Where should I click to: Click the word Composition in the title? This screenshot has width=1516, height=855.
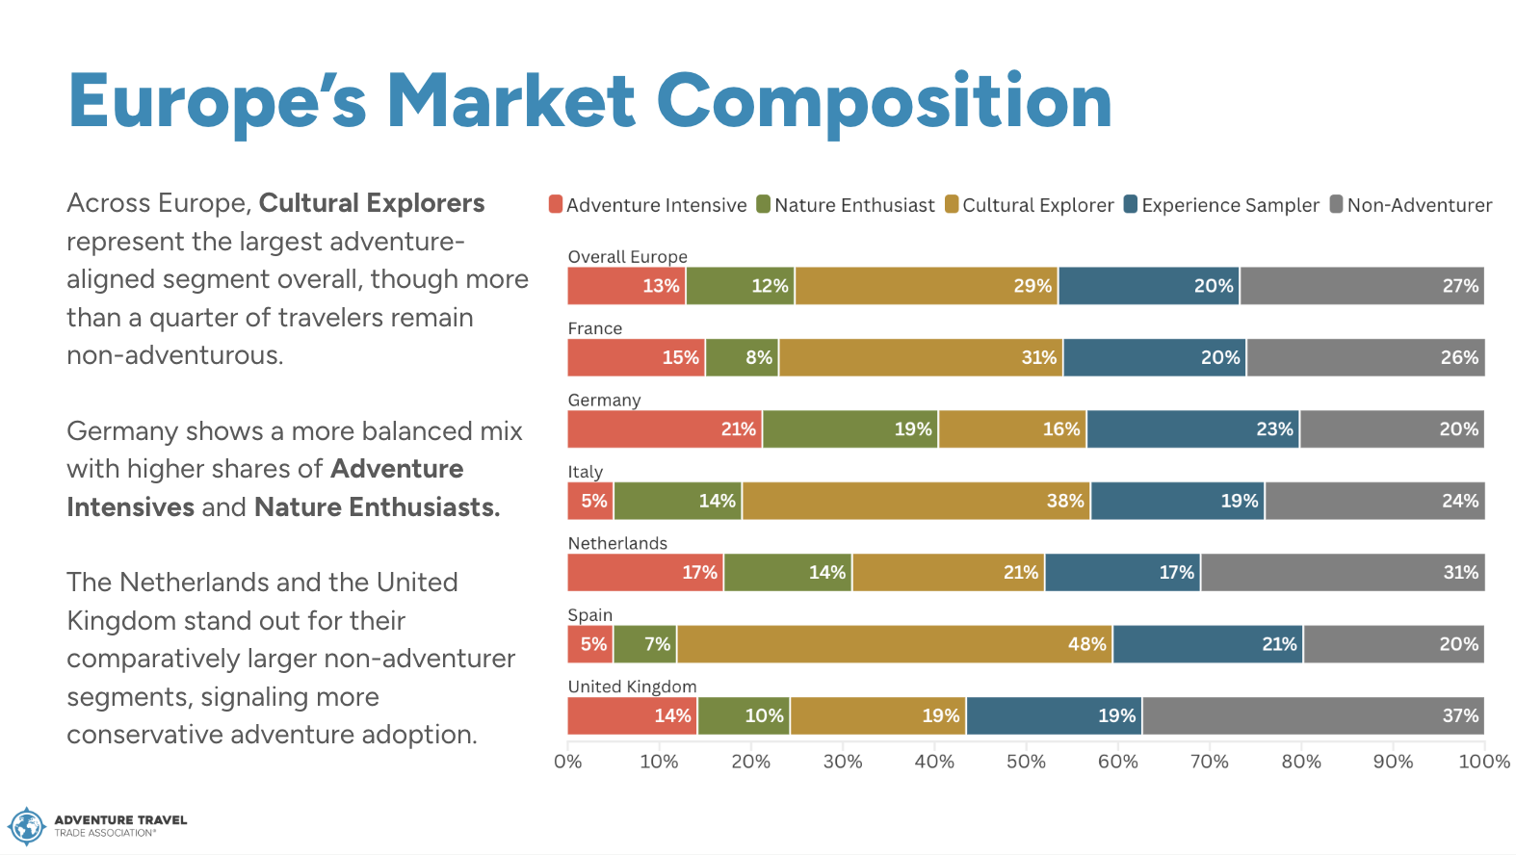point(884,102)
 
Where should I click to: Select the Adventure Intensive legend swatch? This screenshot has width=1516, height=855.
point(556,204)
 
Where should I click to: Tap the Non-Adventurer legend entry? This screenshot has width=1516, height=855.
point(1411,204)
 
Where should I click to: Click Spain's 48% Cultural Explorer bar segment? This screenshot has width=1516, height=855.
point(895,644)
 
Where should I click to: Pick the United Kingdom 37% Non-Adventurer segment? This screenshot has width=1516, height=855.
point(1314,715)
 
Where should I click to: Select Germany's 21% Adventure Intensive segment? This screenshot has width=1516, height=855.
point(665,428)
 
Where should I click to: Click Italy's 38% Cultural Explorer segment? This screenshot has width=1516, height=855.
point(916,501)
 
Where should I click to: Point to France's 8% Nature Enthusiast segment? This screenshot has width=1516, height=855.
point(743,357)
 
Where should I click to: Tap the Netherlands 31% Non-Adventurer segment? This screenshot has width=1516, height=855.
point(1344,572)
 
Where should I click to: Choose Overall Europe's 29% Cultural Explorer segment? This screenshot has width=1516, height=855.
point(927,285)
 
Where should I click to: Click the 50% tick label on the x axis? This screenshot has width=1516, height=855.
point(1026,762)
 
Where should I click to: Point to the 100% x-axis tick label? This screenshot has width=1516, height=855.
point(1484,762)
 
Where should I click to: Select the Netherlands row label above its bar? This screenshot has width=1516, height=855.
point(617,543)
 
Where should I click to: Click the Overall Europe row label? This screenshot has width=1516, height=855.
point(627,256)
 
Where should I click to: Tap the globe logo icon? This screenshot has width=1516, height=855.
point(26,826)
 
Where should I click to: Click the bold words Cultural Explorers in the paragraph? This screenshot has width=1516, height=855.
point(372,203)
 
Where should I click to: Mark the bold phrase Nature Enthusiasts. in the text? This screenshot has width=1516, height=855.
point(377,506)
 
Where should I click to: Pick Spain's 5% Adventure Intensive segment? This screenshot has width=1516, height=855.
point(590,644)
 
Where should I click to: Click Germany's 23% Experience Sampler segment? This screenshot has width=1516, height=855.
point(1193,428)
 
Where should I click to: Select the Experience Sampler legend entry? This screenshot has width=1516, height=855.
point(1221,204)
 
